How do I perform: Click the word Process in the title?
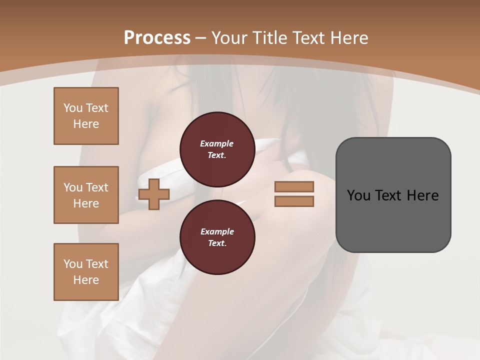coord(157,38)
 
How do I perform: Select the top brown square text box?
coord(86,116)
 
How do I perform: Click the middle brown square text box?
coord(86,195)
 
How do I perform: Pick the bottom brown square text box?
coord(86,272)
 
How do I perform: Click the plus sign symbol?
coord(154,194)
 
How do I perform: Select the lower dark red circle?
coord(217,237)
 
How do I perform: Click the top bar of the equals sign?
coord(294,186)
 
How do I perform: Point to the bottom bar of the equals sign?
coord(294,201)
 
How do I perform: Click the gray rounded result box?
coord(393,220)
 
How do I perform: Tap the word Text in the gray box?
coord(388,195)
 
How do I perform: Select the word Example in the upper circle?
coord(216,144)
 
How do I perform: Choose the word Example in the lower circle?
coord(217,232)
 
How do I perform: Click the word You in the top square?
coord(73,108)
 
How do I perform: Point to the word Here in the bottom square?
coord(86,280)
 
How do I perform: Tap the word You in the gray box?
coord(358,195)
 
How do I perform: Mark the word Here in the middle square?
coord(86,203)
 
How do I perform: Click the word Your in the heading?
coord(230,38)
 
